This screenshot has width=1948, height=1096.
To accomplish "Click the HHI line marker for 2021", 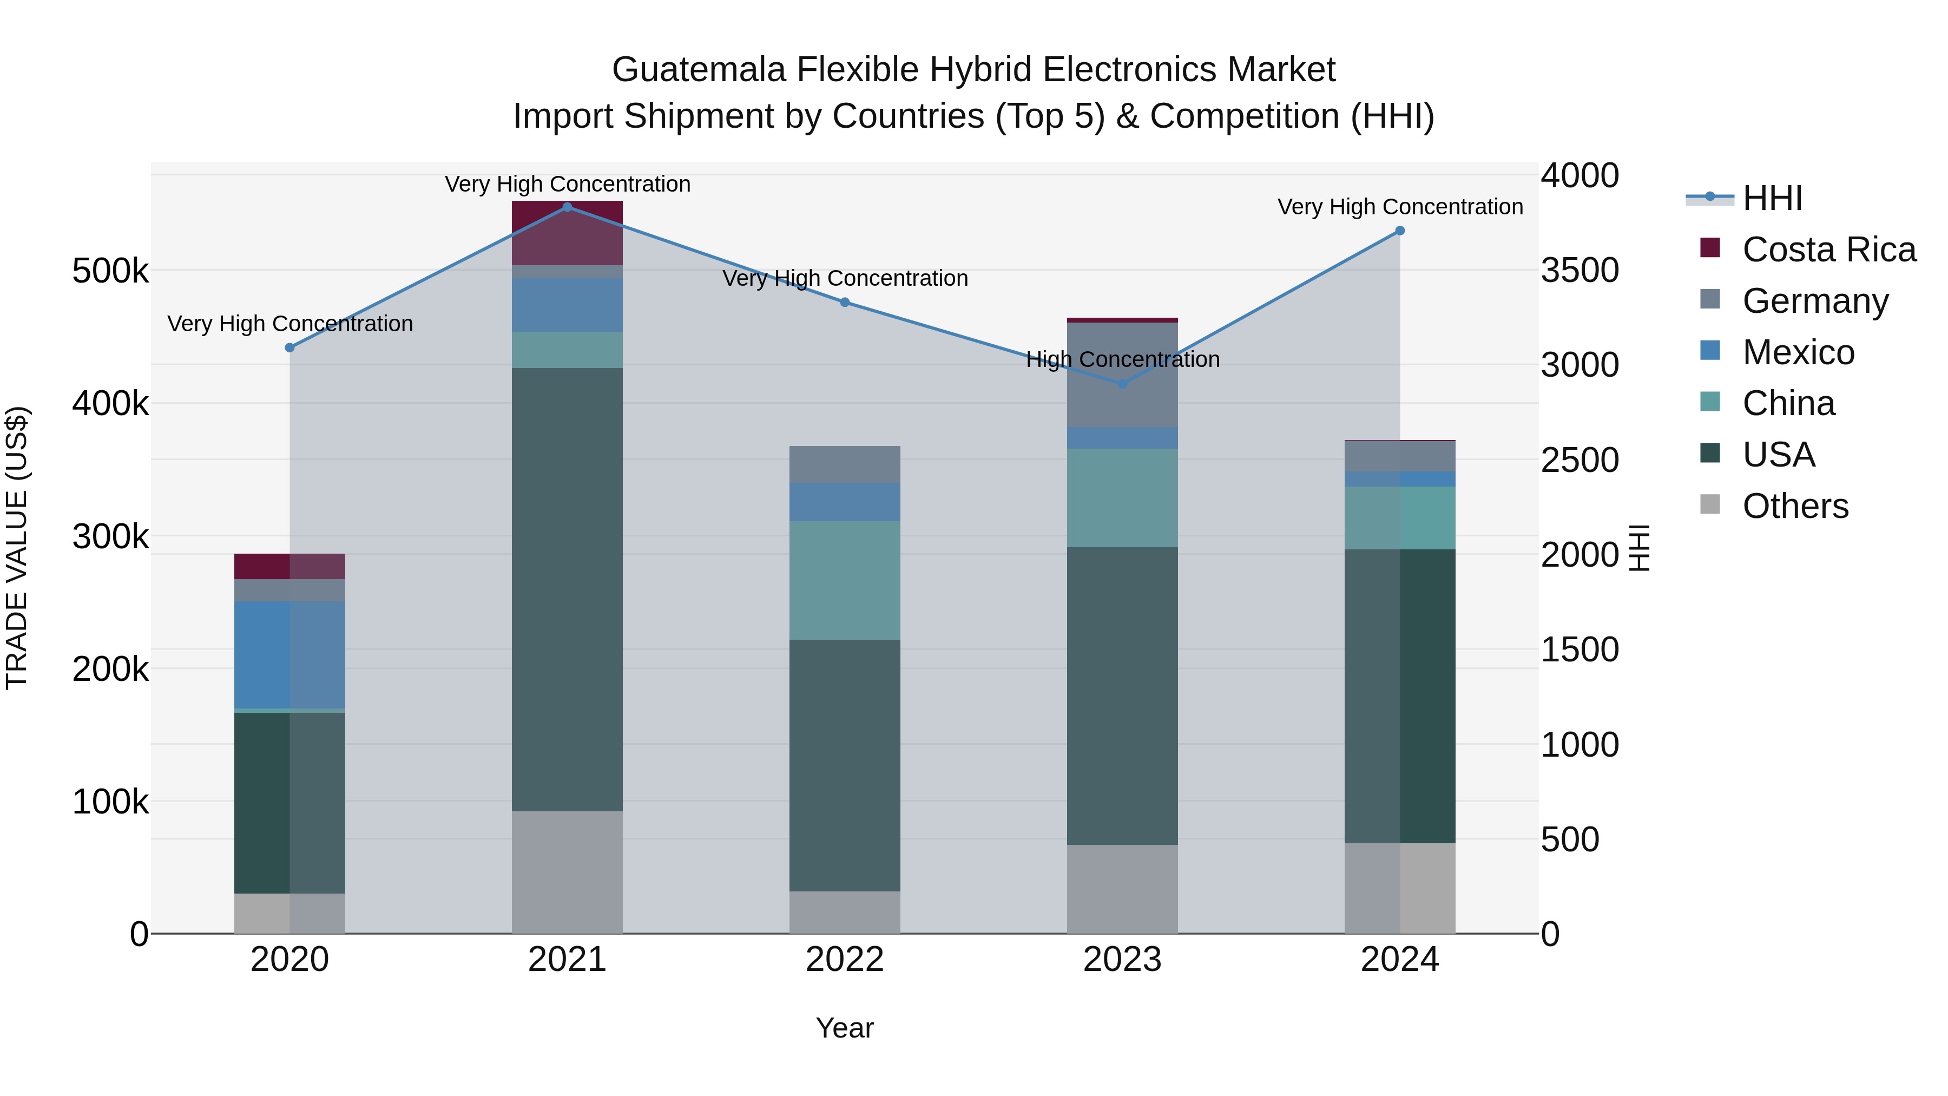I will [567, 207].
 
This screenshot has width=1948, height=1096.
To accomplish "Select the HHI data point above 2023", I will [1122, 384].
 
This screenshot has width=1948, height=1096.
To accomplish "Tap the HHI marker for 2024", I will [1400, 231].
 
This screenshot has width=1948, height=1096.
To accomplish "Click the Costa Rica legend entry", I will [1828, 250].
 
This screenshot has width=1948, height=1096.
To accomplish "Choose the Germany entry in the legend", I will [1815, 301].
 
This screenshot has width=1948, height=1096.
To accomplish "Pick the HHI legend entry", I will [1772, 198].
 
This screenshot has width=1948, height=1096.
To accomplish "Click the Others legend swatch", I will [1710, 504].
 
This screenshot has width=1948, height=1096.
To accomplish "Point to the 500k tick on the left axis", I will [110, 271].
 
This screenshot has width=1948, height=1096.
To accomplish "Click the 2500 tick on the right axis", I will [1580, 461].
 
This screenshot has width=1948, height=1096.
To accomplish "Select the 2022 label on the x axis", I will [845, 960].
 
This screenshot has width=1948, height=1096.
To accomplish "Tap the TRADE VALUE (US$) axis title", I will [17, 548].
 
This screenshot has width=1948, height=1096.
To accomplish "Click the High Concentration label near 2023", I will [1122, 359].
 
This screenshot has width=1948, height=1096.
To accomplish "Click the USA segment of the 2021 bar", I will [567, 590].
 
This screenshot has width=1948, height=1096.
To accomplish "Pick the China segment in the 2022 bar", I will [845, 580].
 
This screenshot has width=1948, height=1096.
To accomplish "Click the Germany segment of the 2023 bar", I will [1122, 375].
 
